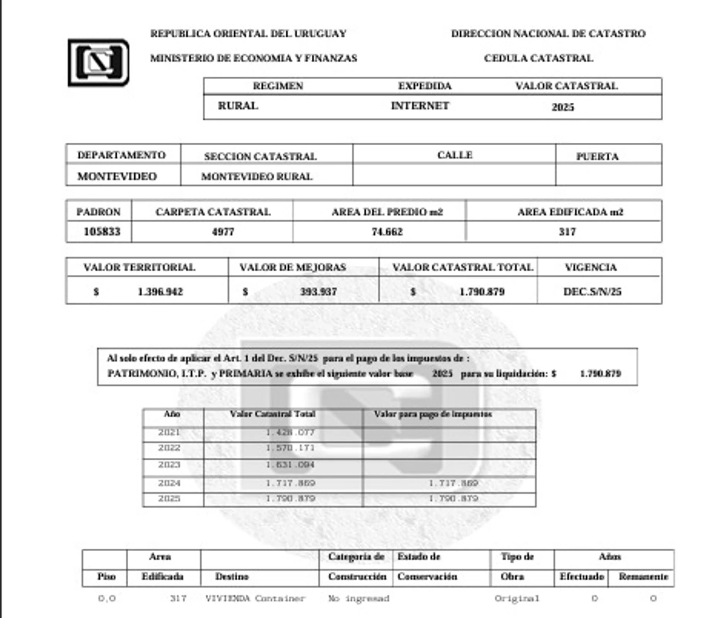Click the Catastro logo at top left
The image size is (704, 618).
98,62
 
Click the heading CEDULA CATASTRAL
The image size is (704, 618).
538,58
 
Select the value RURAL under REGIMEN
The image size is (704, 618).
238,106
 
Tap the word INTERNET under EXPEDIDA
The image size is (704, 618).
420,106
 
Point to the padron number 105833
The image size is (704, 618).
102,232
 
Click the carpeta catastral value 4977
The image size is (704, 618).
223,232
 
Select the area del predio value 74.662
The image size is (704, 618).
387,232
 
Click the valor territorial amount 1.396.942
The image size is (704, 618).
160,292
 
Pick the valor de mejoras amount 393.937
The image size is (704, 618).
318,292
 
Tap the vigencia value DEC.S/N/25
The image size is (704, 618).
592,292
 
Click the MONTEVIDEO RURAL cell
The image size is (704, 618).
257,177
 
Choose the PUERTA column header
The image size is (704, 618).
597,157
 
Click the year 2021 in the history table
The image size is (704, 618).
169,432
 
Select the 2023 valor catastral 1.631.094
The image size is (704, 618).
290,465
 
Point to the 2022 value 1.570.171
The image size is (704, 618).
290,448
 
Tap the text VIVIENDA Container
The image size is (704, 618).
255,599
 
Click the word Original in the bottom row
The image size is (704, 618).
517,599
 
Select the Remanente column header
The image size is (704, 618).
643,577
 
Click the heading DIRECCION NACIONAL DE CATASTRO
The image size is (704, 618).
548,34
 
